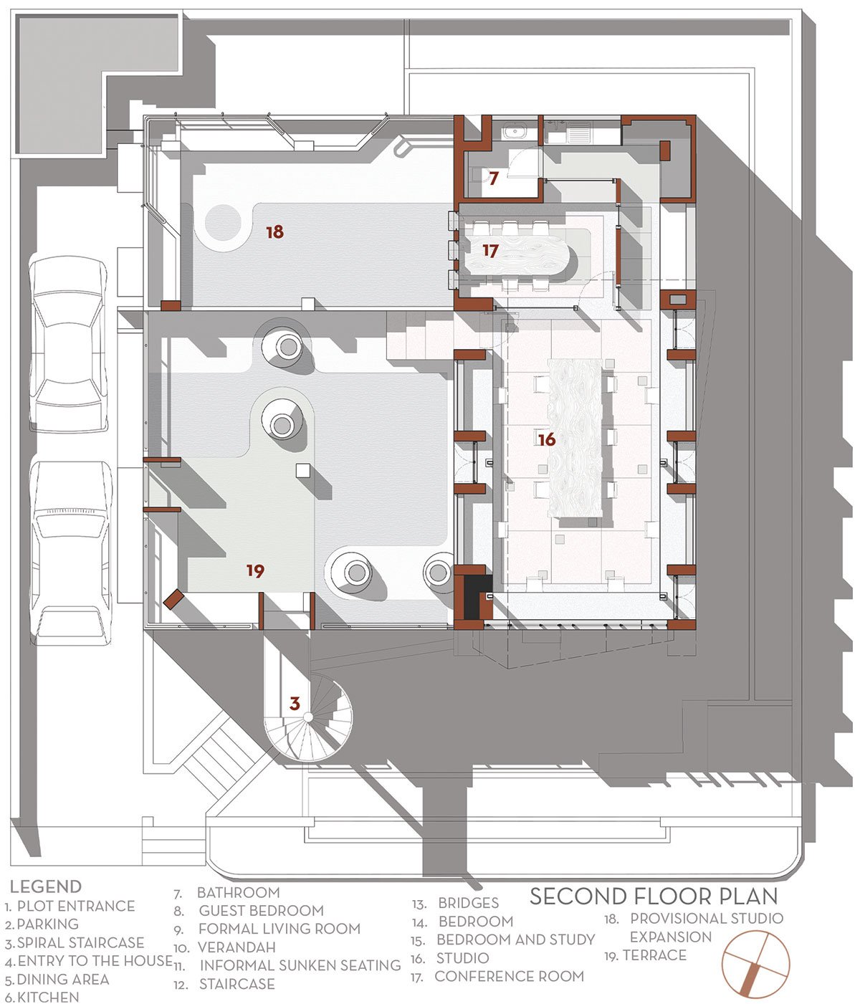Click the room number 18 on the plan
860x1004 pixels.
coord(275,231)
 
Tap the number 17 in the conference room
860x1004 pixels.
coord(491,251)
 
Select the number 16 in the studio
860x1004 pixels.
coord(547,439)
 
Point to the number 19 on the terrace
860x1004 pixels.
coord(255,570)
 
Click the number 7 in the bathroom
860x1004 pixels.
coord(494,178)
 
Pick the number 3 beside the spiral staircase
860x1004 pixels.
coord(295,703)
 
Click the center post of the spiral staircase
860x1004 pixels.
coord(307,717)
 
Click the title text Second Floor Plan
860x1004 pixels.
coord(654,896)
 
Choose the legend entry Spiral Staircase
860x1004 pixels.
coord(75,942)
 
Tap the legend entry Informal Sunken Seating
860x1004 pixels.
coord(287,965)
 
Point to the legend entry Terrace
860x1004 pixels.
coord(645,955)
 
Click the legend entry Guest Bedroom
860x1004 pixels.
coord(249,910)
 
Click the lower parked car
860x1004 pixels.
coord(72,553)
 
